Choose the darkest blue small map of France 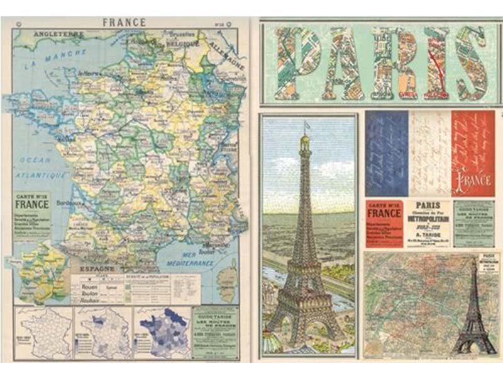pyautogui.click(x=163, y=330)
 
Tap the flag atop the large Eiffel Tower pyautogui.click(x=307, y=125)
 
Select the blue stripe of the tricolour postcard pyautogui.click(x=385, y=153)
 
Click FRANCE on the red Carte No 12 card pyautogui.click(x=383, y=212)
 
